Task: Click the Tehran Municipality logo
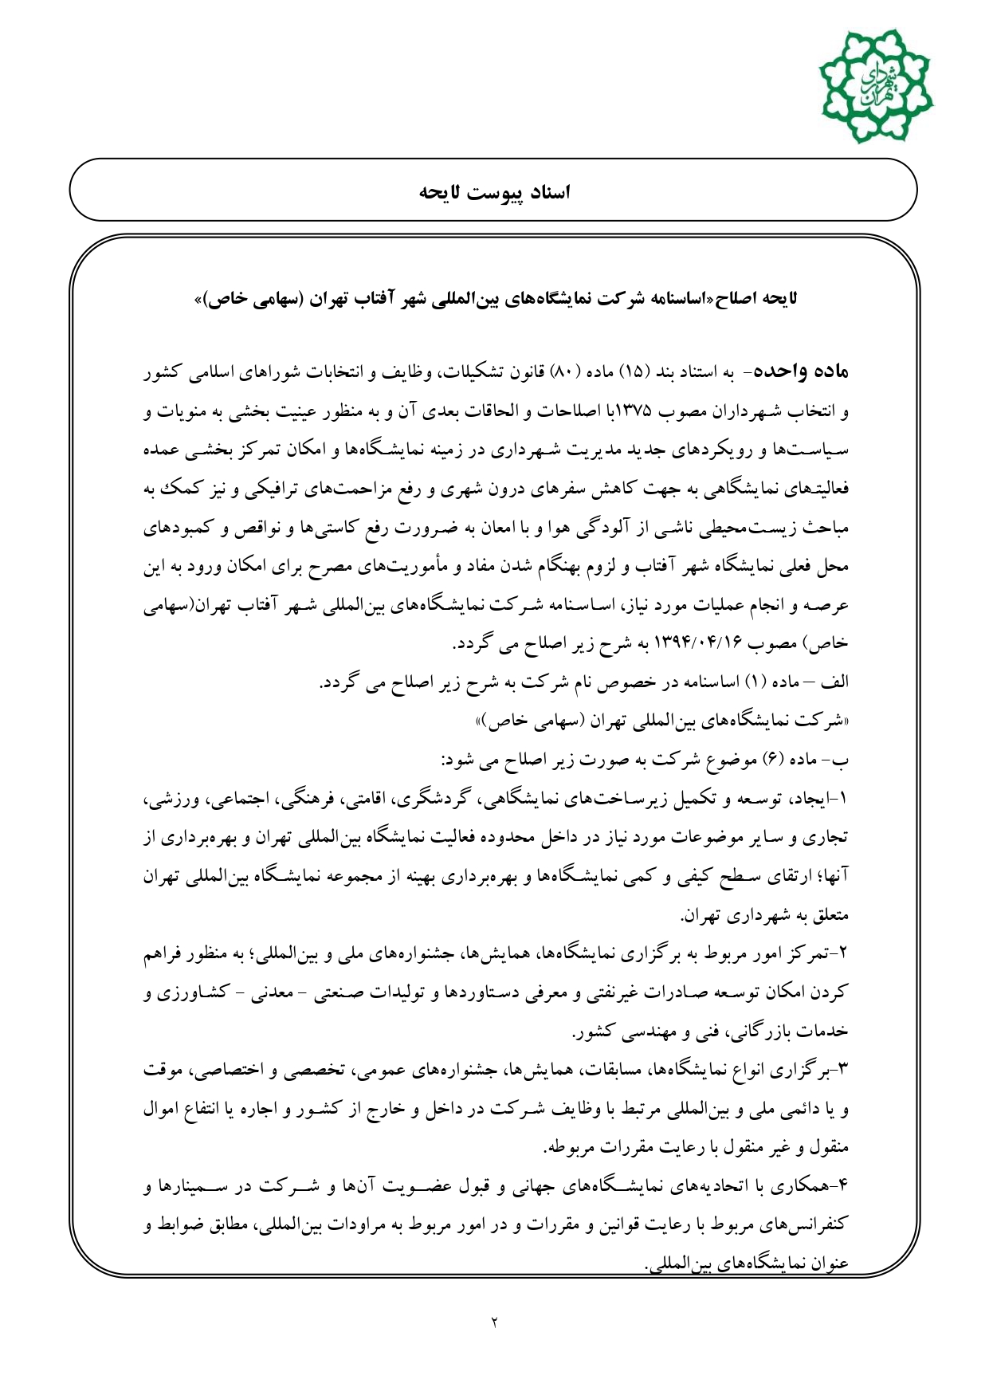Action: click(x=875, y=86)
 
